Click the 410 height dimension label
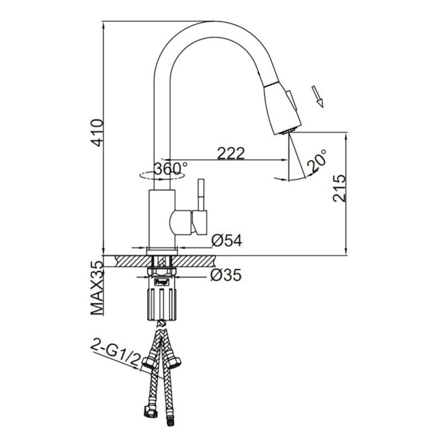coord(98,132)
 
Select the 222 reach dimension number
coord(231,153)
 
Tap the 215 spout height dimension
coord(339,189)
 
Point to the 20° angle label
coord(317,160)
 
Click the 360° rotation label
coord(170,169)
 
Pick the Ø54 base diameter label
coord(227,240)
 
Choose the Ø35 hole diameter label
coord(225,275)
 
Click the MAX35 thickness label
coord(97,288)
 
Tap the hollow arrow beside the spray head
coord(318,97)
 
